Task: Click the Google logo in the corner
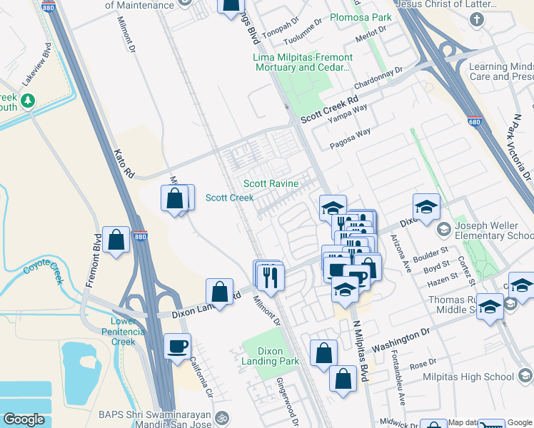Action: [x=24, y=419]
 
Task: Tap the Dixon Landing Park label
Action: [x=271, y=356]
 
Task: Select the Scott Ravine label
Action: [x=271, y=184]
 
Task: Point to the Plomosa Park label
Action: [x=361, y=16]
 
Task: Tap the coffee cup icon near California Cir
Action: [x=178, y=347]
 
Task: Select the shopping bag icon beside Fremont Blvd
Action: [x=116, y=240]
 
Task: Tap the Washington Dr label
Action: [x=401, y=338]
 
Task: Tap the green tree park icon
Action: [x=29, y=101]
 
